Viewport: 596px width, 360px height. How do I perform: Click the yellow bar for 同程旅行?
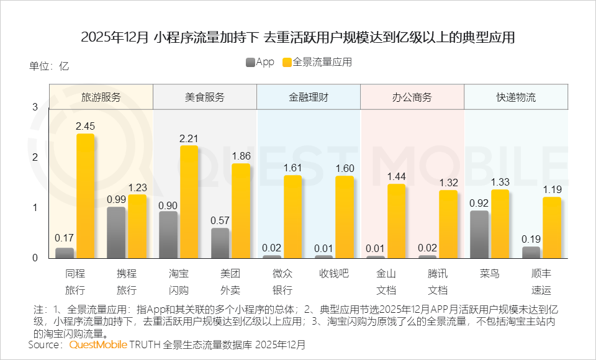(x=85, y=196)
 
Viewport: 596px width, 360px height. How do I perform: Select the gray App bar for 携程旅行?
(x=116, y=233)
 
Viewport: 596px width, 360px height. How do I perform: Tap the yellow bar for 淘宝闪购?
(x=189, y=202)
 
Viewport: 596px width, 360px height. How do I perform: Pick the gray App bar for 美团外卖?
(x=220, y=243)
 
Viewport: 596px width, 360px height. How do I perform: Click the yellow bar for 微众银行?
(x=292, y=217)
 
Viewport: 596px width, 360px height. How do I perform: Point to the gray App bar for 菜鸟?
(x=479, y=235)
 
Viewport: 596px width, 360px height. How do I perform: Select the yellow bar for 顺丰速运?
(x=552, y=227)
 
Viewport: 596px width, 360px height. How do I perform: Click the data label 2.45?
(x=85, y=126)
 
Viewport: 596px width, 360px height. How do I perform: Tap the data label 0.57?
(x=220, y=220)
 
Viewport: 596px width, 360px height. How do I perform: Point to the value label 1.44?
(x=396, y=176)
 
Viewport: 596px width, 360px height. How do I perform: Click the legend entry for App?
(x=260, y=62)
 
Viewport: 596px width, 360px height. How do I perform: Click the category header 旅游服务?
(x=101, y=97)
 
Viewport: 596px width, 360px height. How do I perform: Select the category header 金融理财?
(x=309, y=97)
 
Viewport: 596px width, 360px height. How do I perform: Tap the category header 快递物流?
(x=516, y=97)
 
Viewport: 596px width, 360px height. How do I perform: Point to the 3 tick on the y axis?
(x=35, y=107)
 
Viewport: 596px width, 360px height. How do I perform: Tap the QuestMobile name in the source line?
(x=98, y=344)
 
